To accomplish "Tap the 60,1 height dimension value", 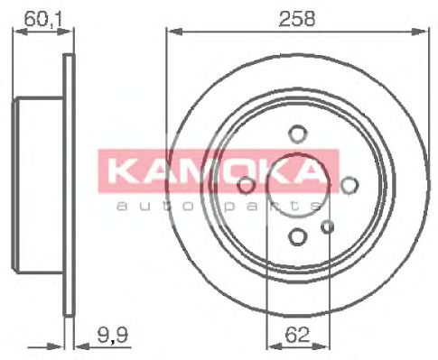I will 37,18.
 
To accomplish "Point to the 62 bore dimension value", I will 297,332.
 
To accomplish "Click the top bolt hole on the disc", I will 296,134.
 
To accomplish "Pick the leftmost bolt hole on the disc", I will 246,184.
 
